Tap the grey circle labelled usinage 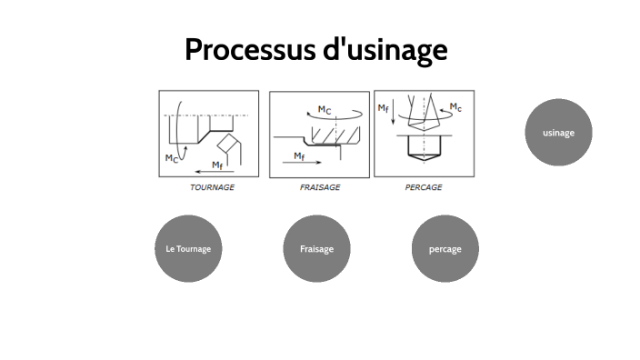(558, 133)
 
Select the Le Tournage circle (188, 248)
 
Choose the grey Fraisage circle (316, 248)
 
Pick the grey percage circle (445, 248)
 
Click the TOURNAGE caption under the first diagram (212, 187)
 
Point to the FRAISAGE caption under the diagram (320, 187)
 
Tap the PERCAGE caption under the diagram (424, 187)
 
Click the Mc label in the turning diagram (171, 158)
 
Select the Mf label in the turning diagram (217, 165)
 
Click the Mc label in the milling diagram (325, 110)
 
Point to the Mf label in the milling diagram (300, 155)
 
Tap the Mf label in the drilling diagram (384, 108)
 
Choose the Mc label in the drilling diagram (455, 107)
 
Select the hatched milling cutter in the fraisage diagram (330, 135)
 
